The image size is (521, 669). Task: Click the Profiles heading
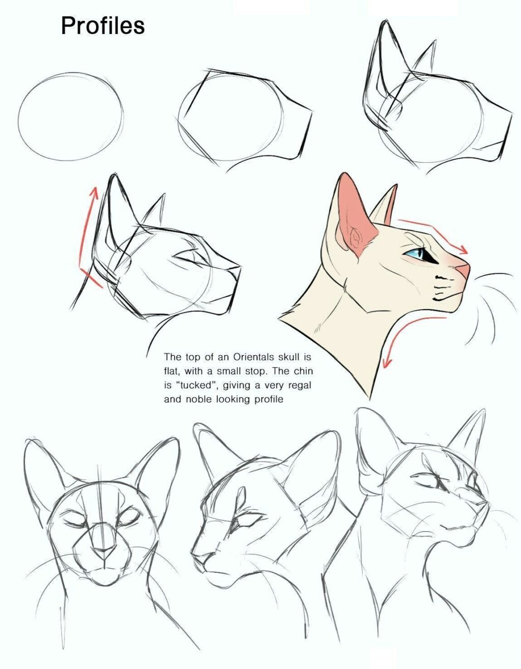(x=103, y=25)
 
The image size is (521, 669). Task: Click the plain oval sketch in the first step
(x=71, y=117)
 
